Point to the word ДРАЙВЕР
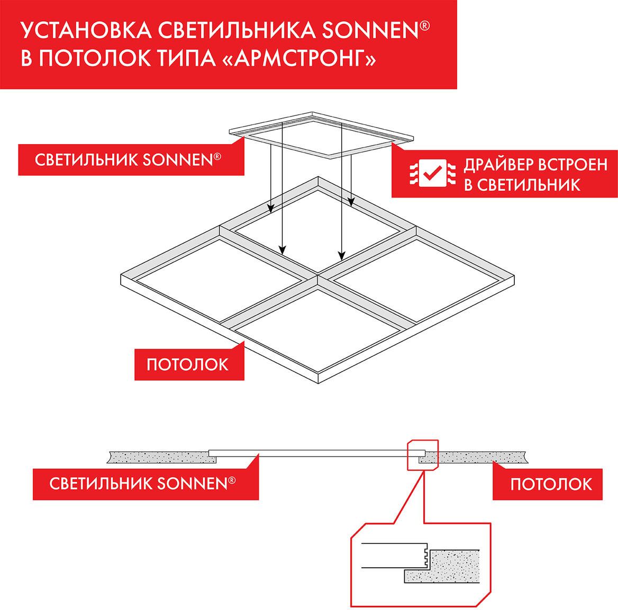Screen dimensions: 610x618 click(x=496, y=165)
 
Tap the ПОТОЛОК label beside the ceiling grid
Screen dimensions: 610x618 click(x=188, y=364)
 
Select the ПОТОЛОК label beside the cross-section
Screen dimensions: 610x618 click(x=551, y=483)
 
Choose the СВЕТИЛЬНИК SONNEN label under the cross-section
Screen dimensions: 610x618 click(x=142, y=483)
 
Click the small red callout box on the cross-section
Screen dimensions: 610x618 click(x=422, y=454)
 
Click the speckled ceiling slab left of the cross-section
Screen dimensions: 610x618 click(x=159, y=456)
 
